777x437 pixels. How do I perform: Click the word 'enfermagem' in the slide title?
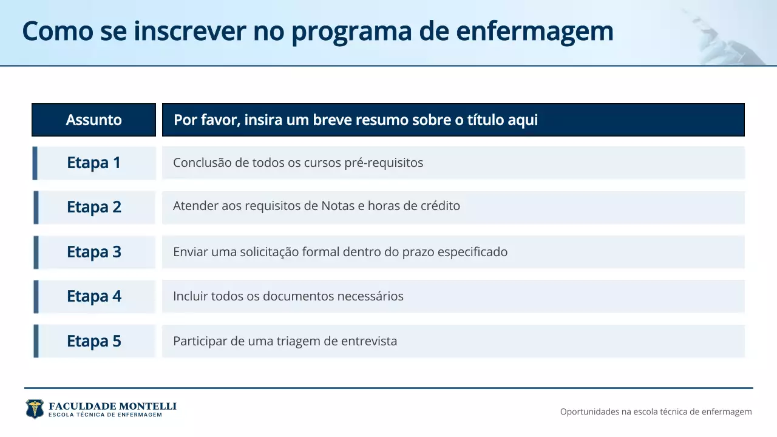pos(535,32)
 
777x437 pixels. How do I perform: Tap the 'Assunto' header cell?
pos(94,120)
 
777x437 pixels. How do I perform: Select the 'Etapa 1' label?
pos(94,163)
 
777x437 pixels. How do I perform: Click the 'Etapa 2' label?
pos(94,207)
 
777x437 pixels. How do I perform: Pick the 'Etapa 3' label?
pos(94,252)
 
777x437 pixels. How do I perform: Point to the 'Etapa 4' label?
pos(94,296)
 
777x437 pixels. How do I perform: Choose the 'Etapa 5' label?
pos(94,341)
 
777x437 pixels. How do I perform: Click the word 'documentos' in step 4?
pos(294,296)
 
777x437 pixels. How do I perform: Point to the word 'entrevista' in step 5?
pos(369,341)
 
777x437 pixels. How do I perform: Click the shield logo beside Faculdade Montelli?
pos(35,409)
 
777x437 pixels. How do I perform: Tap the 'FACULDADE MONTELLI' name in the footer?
pos(112,406)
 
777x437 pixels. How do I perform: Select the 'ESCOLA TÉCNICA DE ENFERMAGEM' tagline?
pos(105,415)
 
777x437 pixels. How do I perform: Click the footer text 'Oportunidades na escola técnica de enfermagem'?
pos(656,412)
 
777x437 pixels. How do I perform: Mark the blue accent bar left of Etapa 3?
pos(36,252)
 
